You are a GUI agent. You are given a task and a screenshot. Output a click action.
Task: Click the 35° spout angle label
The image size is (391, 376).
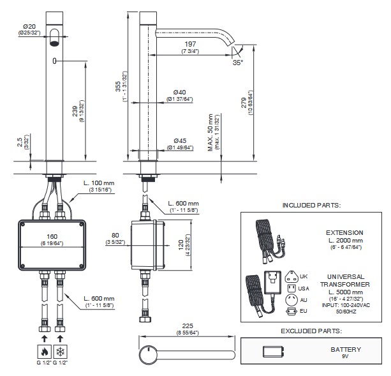[x=237, y=63]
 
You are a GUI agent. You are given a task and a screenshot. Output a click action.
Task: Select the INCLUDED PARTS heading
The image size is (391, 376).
[x=311, y=206]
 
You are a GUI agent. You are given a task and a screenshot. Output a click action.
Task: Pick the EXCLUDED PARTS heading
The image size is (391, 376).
[x=311, y=331]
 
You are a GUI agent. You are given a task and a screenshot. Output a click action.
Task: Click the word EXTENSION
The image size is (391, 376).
[x=344, y=233]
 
